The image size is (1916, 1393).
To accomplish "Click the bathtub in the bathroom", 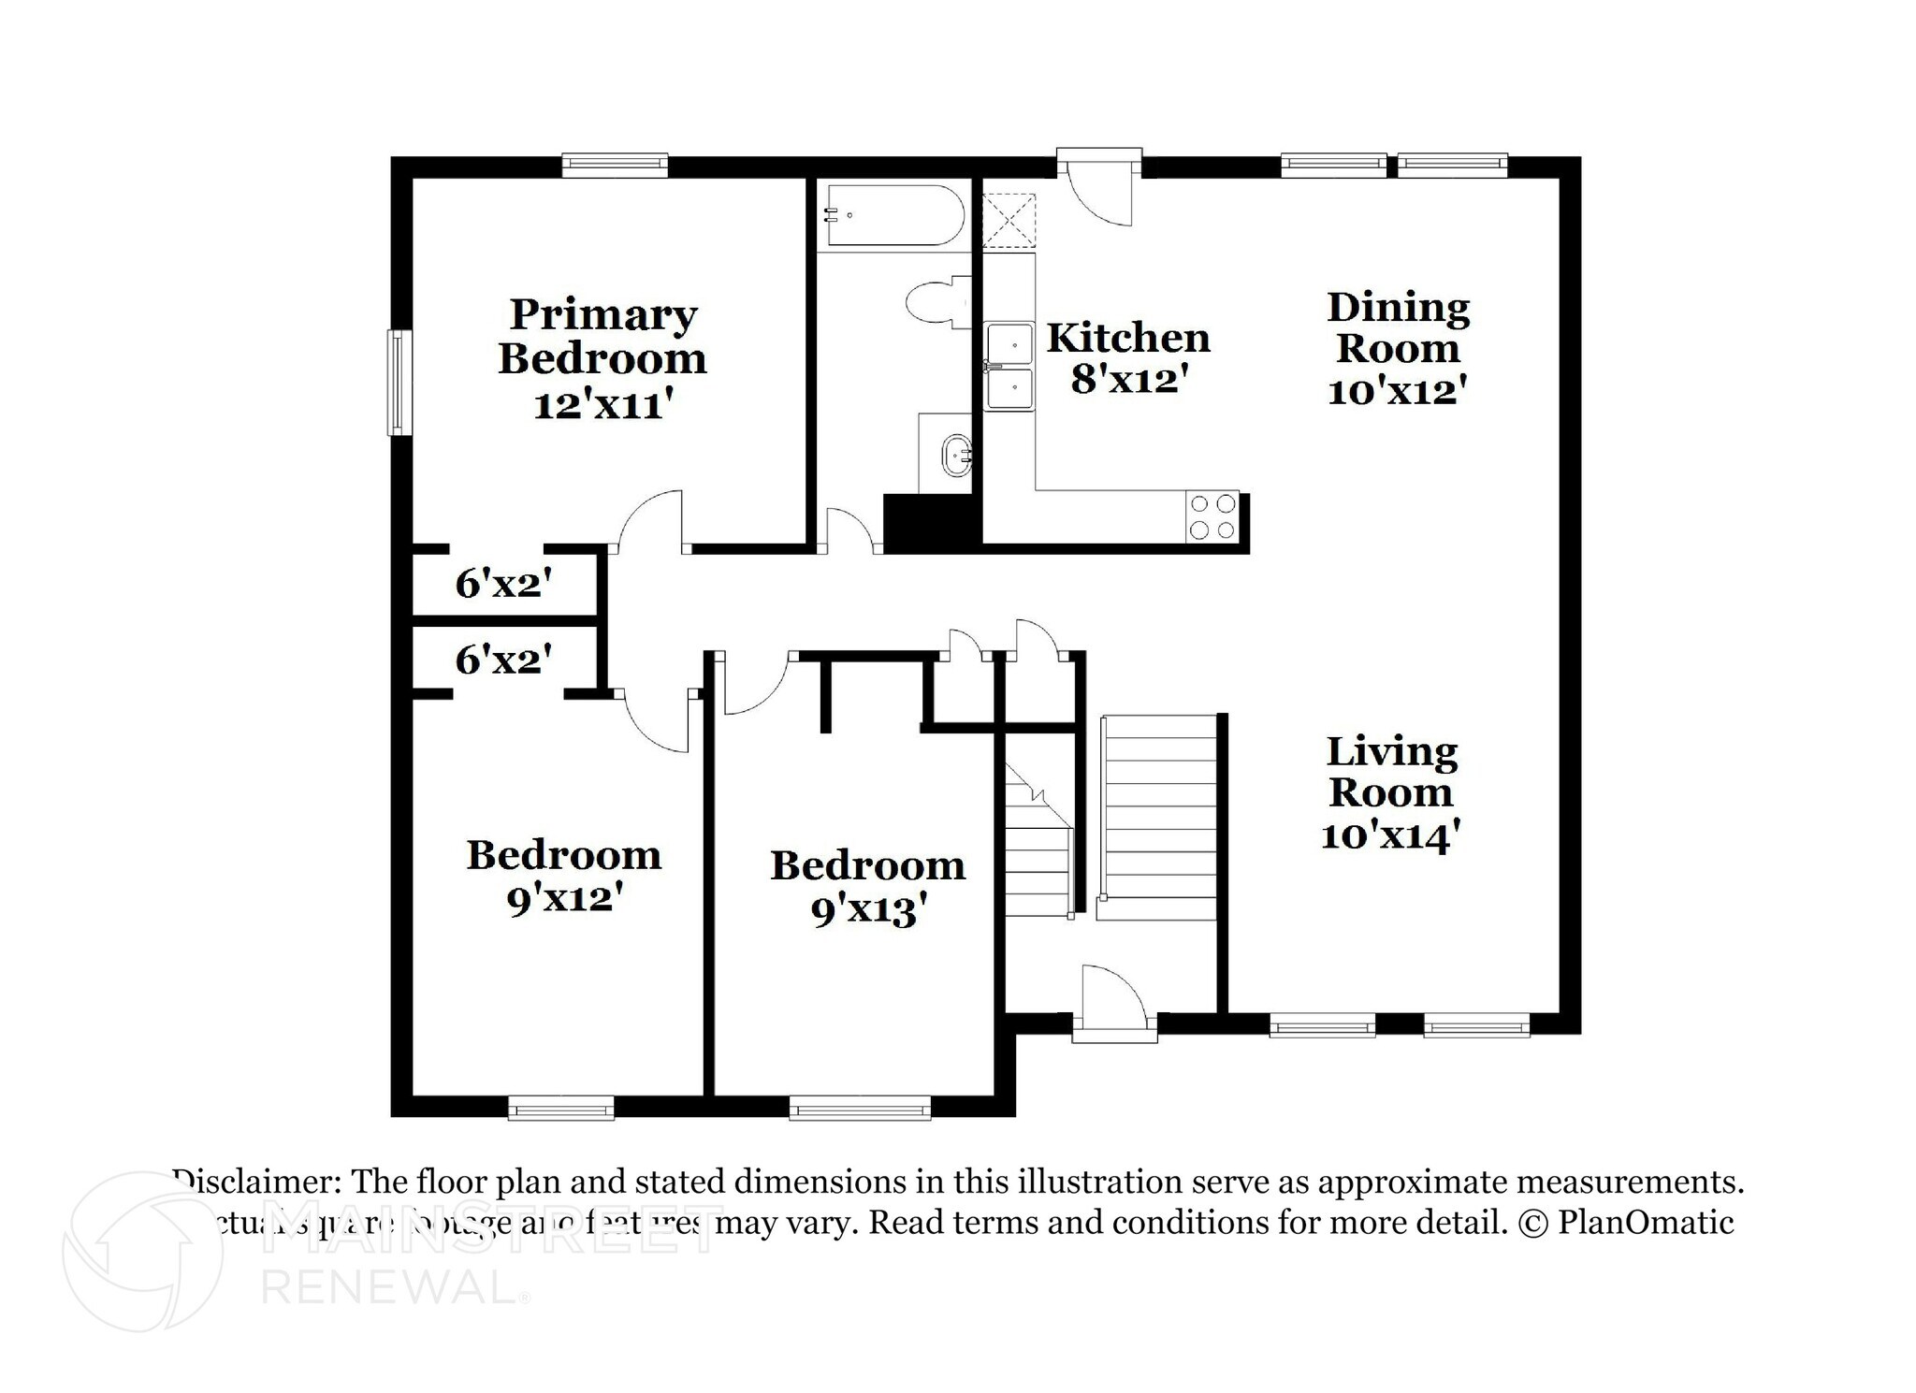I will coord(894,215).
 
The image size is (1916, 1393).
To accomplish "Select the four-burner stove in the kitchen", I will coord(1212,516).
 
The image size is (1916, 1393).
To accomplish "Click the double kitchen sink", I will coord(1009,366).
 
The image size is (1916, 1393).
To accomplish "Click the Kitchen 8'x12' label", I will coord(1127,357).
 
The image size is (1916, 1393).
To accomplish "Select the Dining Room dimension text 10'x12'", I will coord(1395,390).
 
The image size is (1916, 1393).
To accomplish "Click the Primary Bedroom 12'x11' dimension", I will coord(602,405).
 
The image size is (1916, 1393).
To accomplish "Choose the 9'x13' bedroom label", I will coord(868,909).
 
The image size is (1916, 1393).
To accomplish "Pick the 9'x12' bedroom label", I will coord(564,898).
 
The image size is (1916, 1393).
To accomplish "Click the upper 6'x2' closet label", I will coord(503,584).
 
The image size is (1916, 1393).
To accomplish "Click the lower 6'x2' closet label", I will coord(503,660).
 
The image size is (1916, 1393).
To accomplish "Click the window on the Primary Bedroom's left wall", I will coord(399,382).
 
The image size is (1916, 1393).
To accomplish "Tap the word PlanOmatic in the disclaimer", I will coord(1646,1223).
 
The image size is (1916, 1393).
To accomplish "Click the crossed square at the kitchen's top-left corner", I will coord(1009,220).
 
